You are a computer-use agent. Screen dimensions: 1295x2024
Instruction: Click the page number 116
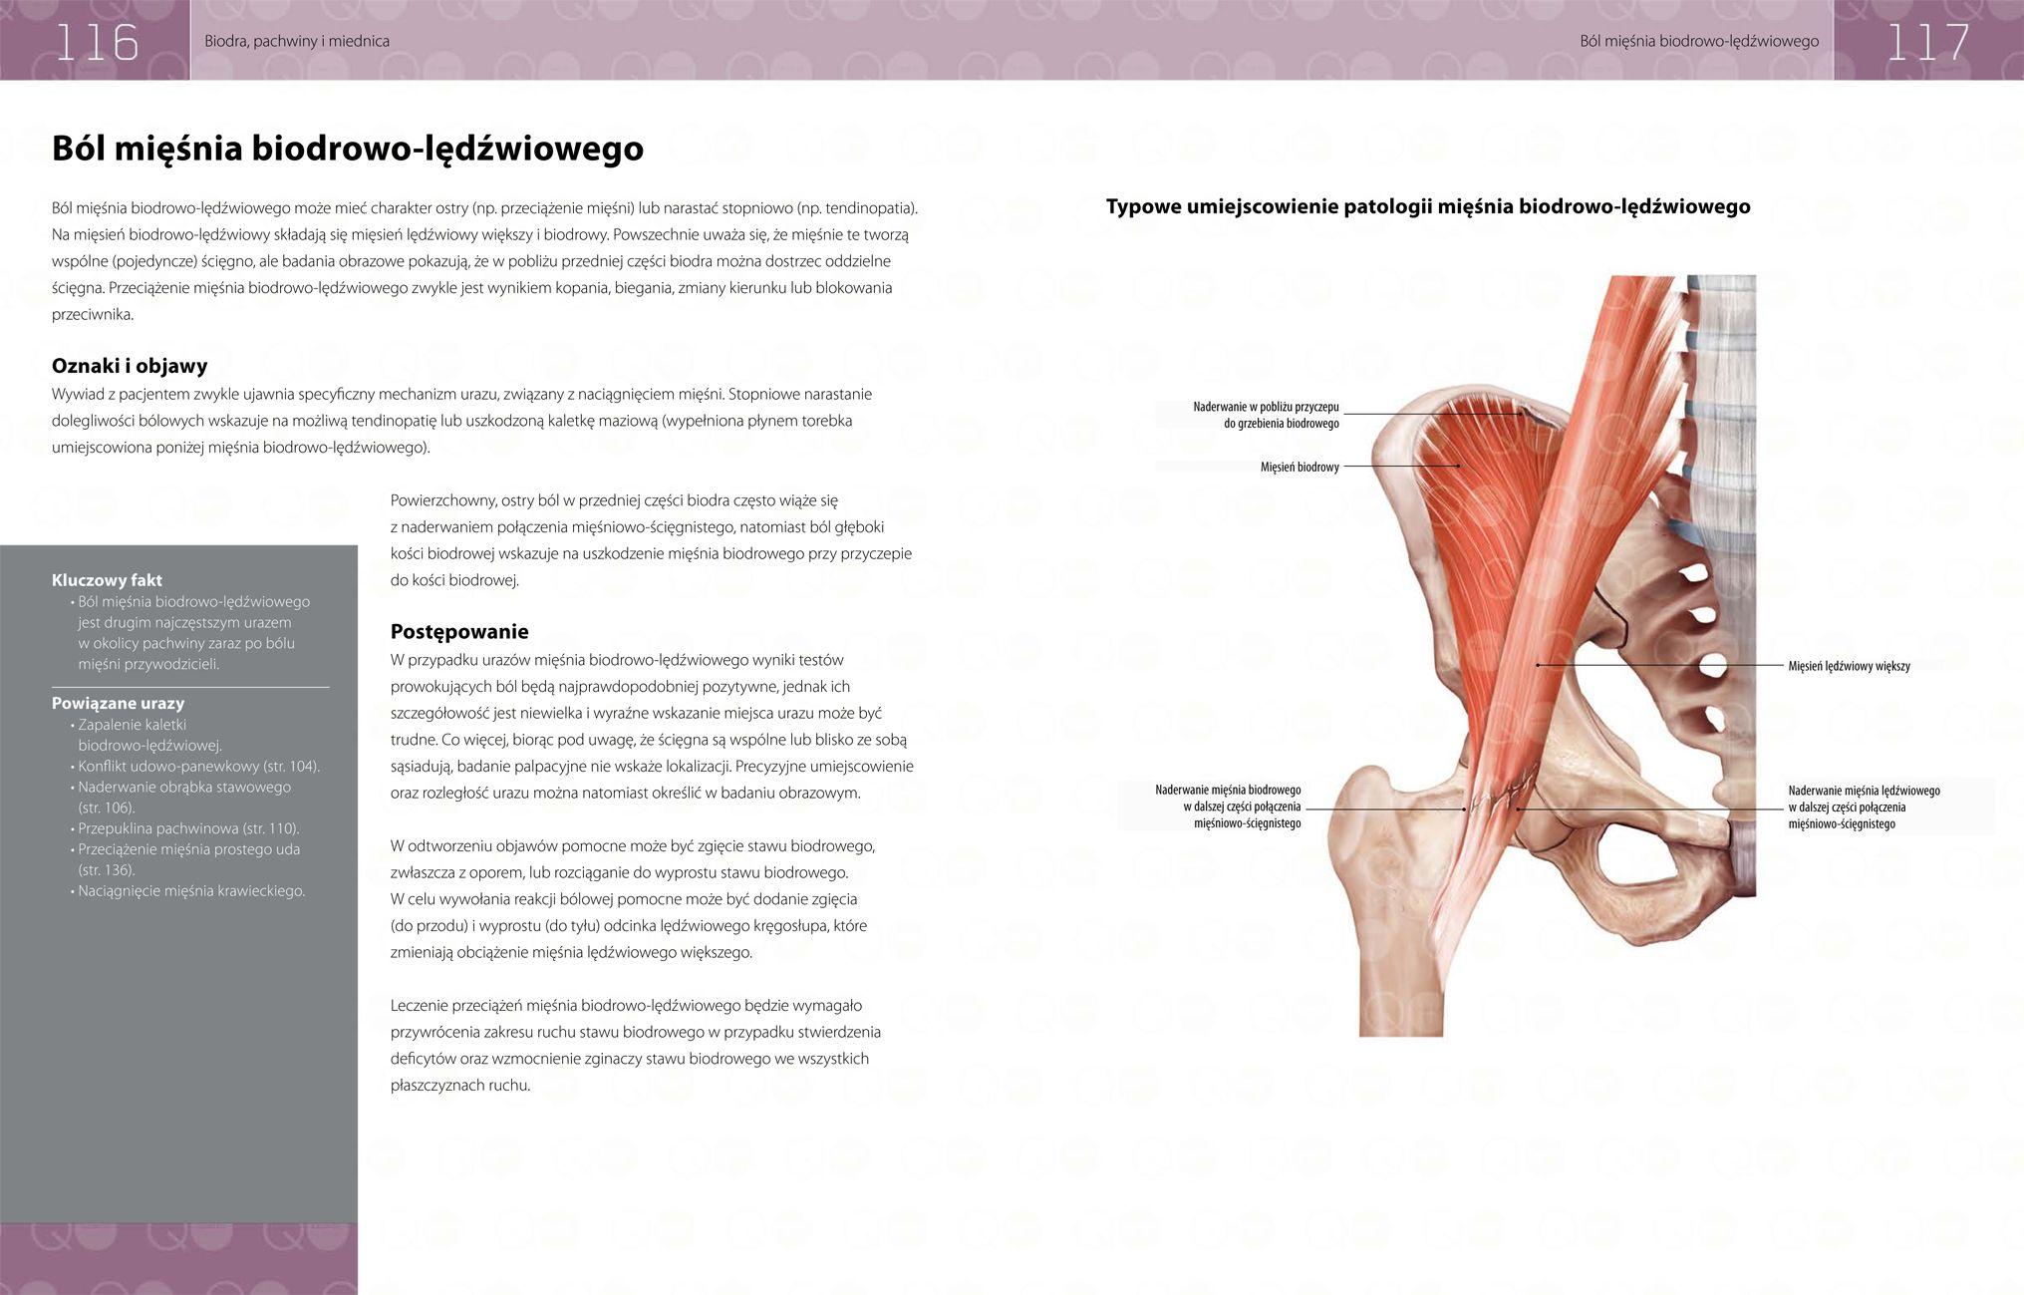tap(96, 42)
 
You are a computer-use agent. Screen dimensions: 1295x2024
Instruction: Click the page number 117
tap(1927, 42)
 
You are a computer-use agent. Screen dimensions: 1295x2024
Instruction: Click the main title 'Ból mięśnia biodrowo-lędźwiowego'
tap(347, 149)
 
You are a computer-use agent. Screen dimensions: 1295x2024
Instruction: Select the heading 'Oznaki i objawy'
tap(130, 365)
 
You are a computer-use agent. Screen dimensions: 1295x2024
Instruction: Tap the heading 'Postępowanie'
tap(459, 631)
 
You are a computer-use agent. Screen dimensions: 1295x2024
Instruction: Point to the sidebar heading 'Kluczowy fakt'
tap(107, 580)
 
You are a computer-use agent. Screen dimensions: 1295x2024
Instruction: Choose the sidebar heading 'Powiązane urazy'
tap(118, 703)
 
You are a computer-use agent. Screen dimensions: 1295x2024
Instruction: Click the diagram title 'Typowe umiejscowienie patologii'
tap(1427, 207)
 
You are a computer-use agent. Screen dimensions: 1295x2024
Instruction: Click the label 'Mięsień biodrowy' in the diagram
tap(1300, 467)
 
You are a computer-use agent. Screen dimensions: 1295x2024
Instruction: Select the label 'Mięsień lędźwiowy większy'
tap(1849, 666)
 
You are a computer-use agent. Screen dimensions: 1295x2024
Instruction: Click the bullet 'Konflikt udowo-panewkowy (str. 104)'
tap(198, 766)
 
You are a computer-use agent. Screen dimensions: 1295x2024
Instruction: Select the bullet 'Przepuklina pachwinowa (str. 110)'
tap(188, 828)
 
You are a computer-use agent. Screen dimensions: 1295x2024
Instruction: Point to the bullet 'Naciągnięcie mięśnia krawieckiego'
tap(191, 890)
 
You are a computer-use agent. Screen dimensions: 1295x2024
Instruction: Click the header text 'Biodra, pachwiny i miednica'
tap(297, 42)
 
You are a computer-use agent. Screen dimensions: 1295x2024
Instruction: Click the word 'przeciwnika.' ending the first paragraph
tap(93, 314)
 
